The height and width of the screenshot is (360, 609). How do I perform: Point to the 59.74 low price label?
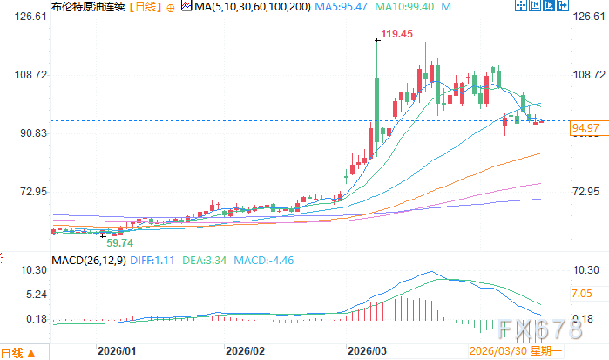point(120,241)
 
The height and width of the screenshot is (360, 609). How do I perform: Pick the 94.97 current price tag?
point(587,128)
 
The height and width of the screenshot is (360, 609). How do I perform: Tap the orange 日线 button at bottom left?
point(14,352)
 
